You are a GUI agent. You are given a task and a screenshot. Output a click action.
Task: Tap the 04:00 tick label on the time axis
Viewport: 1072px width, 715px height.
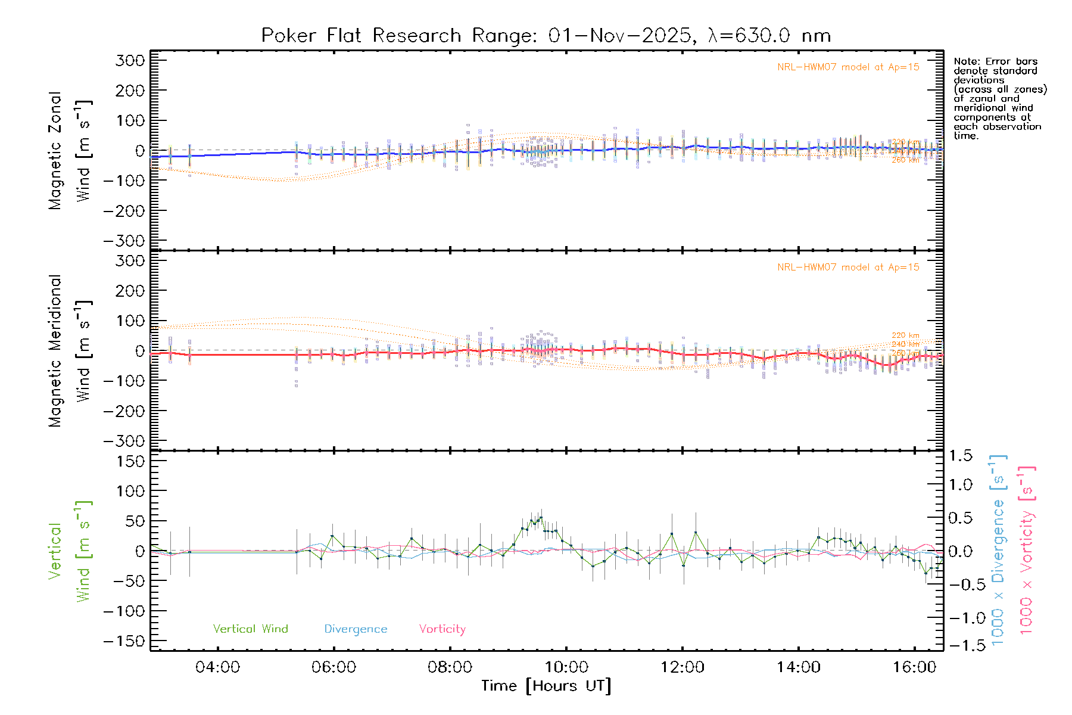pyautogui.click(x=218, y=667)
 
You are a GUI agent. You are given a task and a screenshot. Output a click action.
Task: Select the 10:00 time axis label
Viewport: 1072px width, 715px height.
pyautogui.click(x=566, y=667)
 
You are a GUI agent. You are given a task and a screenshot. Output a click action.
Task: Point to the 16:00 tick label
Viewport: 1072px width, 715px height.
pyautogui.click(x=915, y=667)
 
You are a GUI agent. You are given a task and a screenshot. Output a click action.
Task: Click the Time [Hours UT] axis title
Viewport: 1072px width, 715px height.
pyautogui.click(x=546, y=686)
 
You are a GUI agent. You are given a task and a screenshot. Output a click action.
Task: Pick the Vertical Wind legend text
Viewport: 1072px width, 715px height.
pyautogui.click(x=250, y=629)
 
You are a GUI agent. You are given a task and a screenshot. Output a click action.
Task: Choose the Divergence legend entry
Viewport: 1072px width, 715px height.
pyautogui.click(x=356, y=629)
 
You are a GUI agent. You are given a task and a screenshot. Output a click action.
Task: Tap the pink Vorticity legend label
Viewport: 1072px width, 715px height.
pyautogui.click(x=442, y=629)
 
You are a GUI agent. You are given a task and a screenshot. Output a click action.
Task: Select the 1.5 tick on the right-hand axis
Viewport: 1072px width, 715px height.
pyautogui.click(x=961, y=456)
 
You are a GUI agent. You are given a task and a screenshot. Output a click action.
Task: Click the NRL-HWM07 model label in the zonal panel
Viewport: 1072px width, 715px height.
pyautogui.click(x=848, y=67)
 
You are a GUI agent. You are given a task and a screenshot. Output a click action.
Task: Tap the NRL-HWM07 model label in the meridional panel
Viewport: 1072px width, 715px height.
pyautogui.click(x=848, y=268)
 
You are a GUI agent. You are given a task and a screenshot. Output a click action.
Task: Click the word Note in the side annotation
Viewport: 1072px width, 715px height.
pyautogui.click(x=965, y=61)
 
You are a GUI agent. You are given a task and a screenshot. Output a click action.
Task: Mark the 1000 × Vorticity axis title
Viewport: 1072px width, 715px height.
pyautogui.click(x=1027, y=550)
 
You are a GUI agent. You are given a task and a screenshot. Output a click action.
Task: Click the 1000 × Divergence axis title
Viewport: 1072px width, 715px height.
pyautogui.click(x=998, y=550)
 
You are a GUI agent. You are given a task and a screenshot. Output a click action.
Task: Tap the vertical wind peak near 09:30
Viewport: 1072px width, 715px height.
pyautogui.click(x=541, y=517)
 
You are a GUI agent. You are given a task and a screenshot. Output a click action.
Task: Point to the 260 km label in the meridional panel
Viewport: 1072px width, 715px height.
pyautogui.click(x=905, y=353)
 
